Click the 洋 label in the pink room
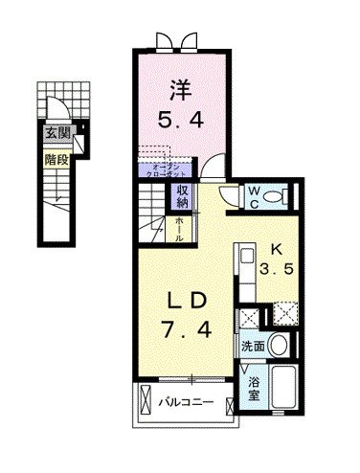pos(179,92)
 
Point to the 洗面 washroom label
pos(252,346)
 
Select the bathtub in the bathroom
pos(282,387)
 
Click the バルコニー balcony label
pos(186,402)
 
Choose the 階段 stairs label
pos(56,160)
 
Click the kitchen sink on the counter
pos(245,259)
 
